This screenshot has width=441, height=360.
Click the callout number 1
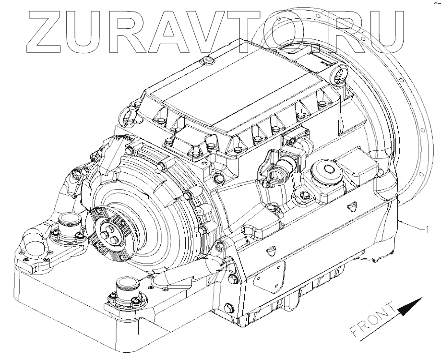click(x=427, y=229)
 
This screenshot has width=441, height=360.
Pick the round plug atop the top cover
click(x=207, y=60)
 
